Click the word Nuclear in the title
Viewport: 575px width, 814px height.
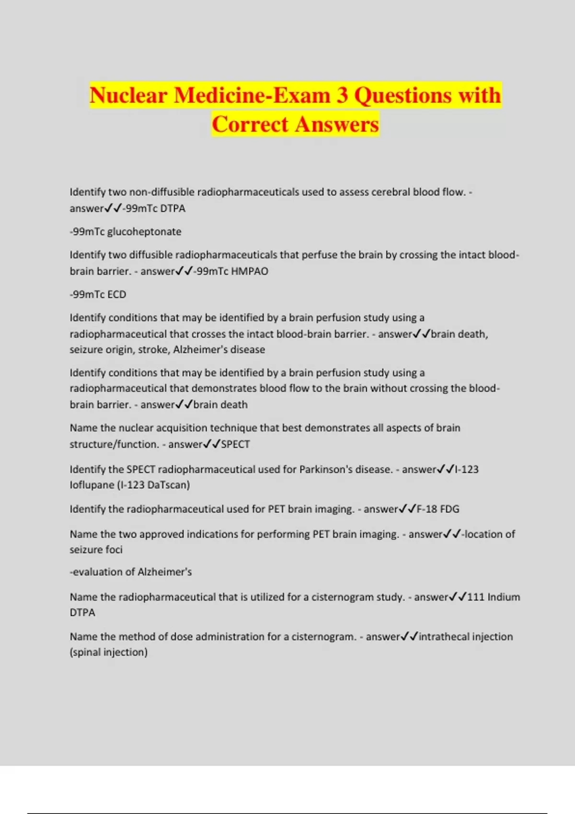tap(128, 95)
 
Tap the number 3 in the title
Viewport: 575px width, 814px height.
tap(342, 95)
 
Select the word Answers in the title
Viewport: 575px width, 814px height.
tap(336, 124)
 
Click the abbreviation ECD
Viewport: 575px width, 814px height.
tap(116, 294)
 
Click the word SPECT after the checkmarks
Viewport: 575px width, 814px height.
tap(235, 444)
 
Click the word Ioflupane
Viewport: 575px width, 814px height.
tap(92, 485)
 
